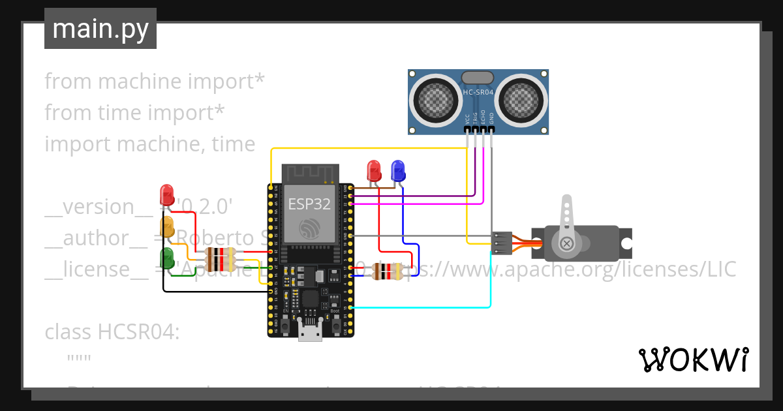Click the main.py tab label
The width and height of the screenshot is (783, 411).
[x=100, y=29]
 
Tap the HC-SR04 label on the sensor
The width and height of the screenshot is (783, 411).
[x=478, y=92]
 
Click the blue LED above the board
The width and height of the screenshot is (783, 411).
[x=397, y=171]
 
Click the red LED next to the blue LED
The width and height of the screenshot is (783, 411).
[x=375, y=171]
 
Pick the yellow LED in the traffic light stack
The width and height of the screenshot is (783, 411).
[x=167, y=226]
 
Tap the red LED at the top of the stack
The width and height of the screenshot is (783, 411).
[x=167, y=194]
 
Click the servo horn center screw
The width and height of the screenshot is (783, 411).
[x=567, y=244]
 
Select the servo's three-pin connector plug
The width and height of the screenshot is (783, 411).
[x=502, y=243]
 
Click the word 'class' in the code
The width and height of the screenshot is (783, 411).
[x=69, y=332]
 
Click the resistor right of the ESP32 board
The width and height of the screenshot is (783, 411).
[x=386, y=270]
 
